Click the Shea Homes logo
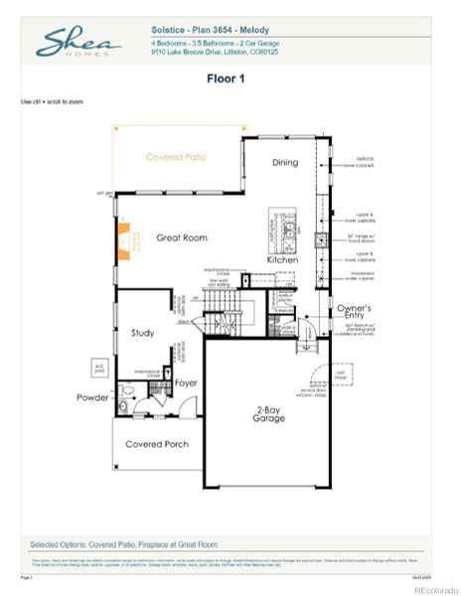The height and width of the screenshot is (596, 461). pos(78,44)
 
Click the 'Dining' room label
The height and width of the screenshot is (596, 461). pos(287,163)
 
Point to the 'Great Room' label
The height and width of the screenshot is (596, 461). pos(181,238)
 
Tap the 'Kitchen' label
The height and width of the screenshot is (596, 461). pos(282,260)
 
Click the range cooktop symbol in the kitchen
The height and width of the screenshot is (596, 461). pos(321,238)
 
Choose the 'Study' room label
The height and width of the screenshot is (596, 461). pos(143,333)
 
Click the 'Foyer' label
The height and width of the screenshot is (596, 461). pos(186,382)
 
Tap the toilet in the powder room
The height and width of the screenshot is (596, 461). pos(124,406)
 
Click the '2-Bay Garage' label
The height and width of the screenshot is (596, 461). pos(268,413)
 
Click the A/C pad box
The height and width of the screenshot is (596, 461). pos(97,367)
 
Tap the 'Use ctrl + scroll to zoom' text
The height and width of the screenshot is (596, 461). pos(51,102)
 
